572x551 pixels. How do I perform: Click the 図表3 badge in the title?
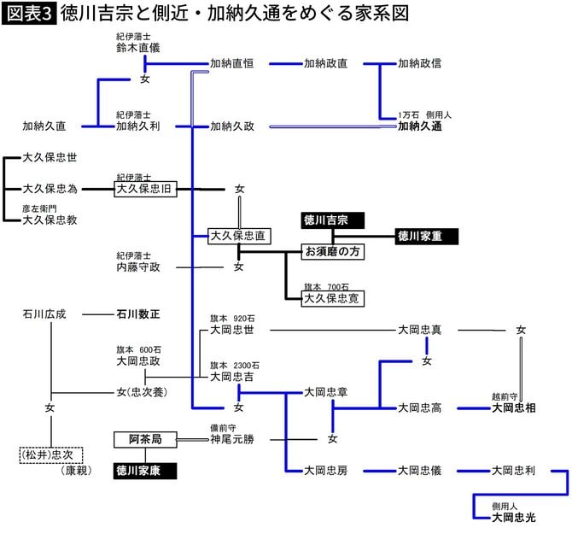29,14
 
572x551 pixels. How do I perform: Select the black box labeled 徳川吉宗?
332,220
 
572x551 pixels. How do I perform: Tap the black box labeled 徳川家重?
427,236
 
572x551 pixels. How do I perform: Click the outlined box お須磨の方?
334,252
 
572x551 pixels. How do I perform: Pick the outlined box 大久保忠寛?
333,298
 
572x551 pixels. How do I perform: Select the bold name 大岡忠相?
513,407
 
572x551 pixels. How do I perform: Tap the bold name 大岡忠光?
513,517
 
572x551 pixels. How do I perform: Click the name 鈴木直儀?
137,49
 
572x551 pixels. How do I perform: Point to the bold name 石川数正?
137,314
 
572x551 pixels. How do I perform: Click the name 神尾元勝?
232,439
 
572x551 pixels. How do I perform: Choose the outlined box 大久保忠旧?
145,188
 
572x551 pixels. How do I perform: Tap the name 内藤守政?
138,267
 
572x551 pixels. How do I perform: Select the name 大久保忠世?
50,158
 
